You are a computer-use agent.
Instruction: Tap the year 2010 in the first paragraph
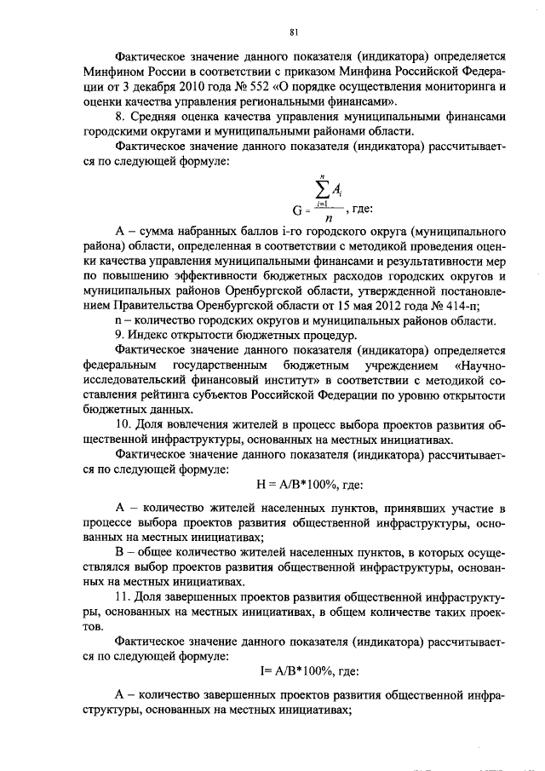click(215, 87)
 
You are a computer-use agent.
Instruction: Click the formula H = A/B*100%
click(309, 484)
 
